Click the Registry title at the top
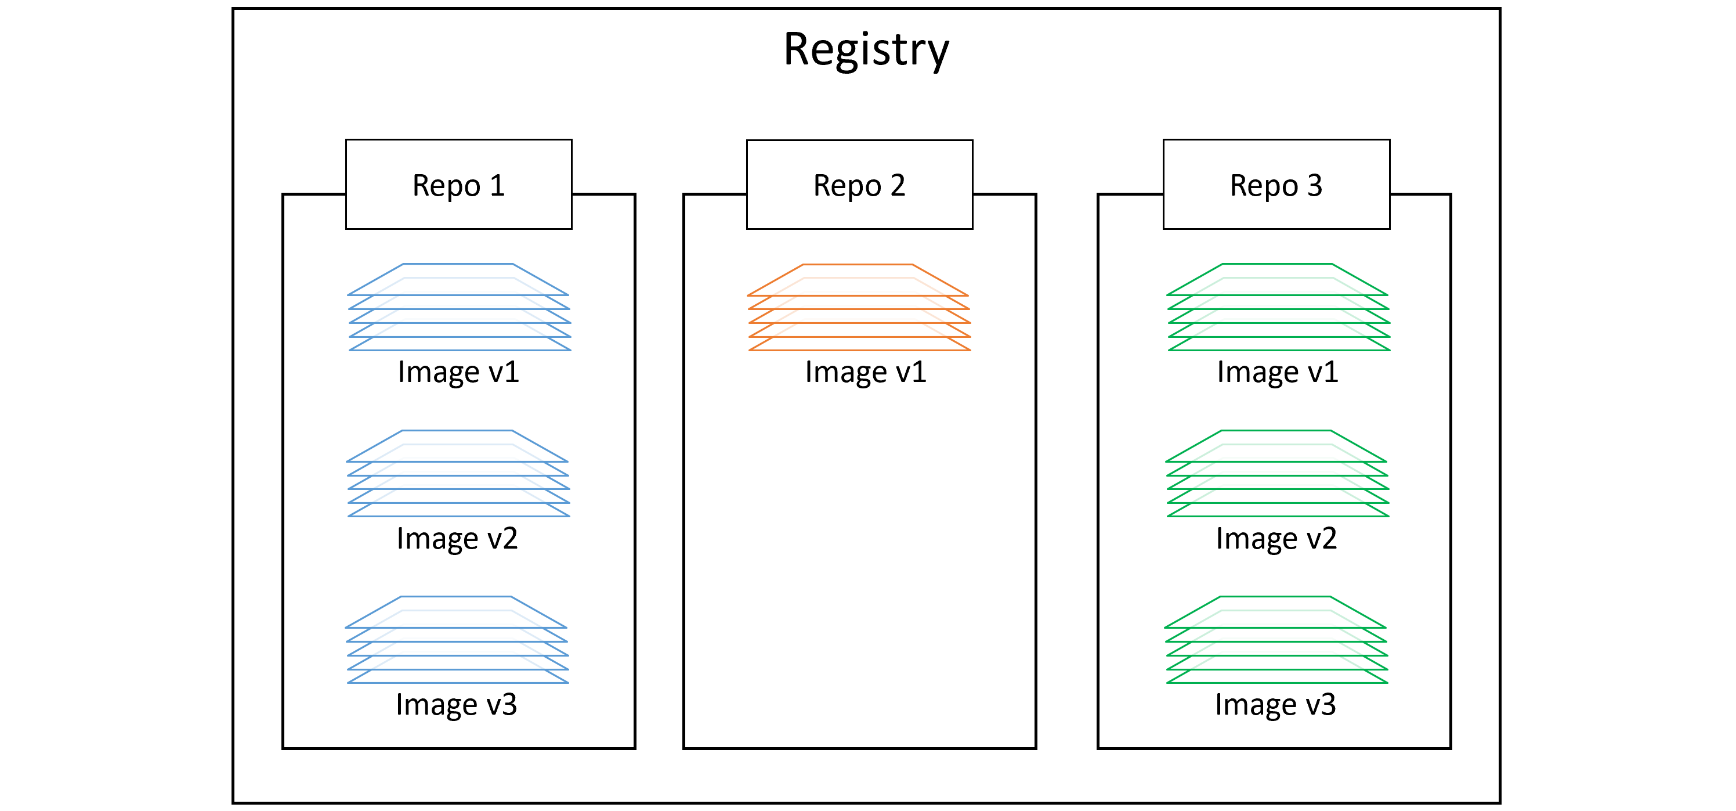[x=866, y=51]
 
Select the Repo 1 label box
[x=458, y=185]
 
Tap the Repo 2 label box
[x=859, y=185]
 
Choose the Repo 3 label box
[x=1276, y=185]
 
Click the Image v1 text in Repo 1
[x=458, y=373]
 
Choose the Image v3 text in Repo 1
[x=456, y=705]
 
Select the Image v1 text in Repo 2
[x=866, y=373]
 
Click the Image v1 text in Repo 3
[x=1278, y=373]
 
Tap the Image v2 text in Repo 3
[x=1276, y=539]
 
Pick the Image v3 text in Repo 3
[x=1275, y=705]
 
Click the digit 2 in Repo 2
[x=897, y=185]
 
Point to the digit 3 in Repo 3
[x=1314, y=185]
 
